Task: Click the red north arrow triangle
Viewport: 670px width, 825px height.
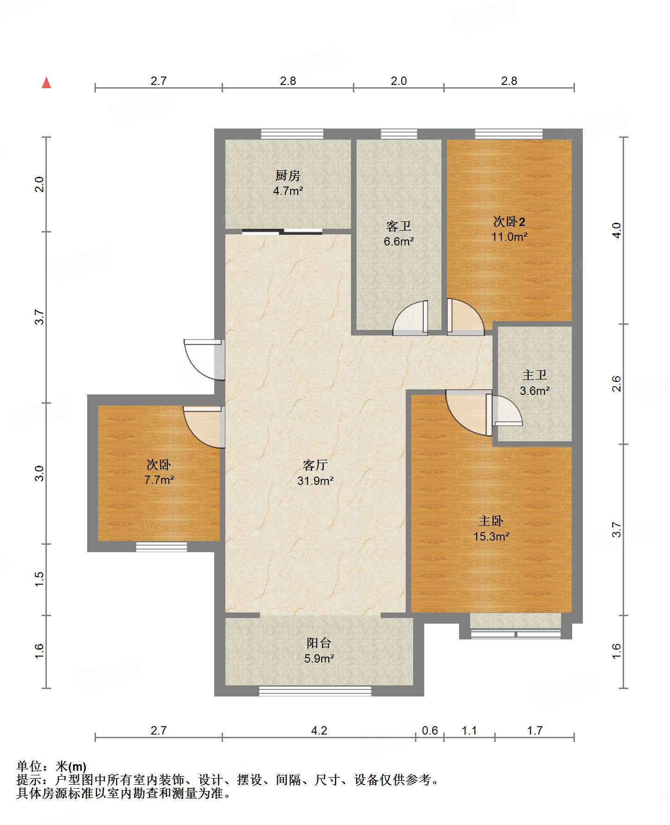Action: click(x=46, y=83)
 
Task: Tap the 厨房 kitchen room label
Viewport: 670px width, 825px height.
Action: click(x=288, y=175)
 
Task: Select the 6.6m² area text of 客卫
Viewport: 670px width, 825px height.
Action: click(x=399, y=241)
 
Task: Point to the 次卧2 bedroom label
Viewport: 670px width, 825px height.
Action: click(x=509, y=221)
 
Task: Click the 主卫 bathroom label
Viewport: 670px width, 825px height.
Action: click(x=535, y=375)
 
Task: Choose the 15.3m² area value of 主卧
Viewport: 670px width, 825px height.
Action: click(x=491, y=536)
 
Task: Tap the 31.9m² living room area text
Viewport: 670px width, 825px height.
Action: click(x=315, y=481)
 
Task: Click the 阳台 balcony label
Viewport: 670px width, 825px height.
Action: click(x=319, y=643)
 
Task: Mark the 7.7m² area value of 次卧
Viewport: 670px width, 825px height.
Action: click(x=159, y=480)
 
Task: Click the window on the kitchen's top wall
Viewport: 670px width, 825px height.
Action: click(x=292, y=134)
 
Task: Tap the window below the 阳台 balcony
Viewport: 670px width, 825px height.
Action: click(x=315, y=691)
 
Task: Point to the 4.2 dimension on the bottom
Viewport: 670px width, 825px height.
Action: click(x=319, y=731)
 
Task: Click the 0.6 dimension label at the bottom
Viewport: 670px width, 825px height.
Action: click(x=430, y=731)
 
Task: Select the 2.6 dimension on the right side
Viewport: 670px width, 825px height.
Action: click(x=616, y=384)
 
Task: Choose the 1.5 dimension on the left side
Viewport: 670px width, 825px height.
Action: click(x=39, y=579)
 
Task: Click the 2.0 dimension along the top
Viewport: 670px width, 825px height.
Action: click(x=399, y=81)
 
